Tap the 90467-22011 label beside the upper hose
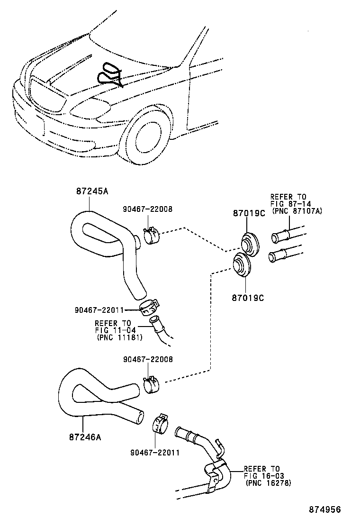(99, 310)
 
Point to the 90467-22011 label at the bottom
(155, 453)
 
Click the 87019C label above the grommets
(249, 214)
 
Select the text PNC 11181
(119, 337)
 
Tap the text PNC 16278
(269, 483)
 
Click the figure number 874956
(325, 509)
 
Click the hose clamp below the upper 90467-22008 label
(151, 236)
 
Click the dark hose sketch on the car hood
(110, 74)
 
